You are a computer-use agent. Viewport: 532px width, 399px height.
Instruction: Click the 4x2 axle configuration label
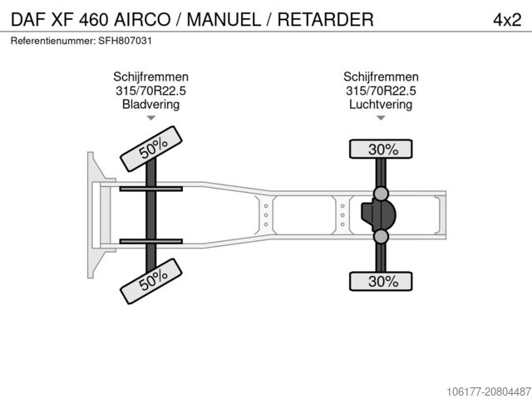[507, 20]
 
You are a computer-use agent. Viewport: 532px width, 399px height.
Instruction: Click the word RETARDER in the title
[326, 20]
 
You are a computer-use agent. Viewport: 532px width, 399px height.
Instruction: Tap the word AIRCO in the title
[142, 20]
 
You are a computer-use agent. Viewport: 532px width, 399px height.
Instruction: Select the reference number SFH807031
[125, 41]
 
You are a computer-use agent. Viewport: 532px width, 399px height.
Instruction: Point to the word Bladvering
[151, 104]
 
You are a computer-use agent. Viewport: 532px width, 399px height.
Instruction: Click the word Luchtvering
[381, 104]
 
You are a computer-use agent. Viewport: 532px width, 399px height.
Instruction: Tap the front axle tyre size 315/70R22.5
[151, 91]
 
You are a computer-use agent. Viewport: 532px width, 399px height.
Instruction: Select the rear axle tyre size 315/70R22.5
[381, 91]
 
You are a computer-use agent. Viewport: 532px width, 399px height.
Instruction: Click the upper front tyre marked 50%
[151, 149]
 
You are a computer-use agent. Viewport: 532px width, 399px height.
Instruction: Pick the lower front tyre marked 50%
[151, 281]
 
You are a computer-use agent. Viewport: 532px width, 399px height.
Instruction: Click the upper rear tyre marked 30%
[381, 149]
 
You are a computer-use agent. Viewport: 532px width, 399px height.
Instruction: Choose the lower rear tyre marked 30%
[381, 281]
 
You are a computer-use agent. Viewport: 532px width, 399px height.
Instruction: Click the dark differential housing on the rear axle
[379, 214]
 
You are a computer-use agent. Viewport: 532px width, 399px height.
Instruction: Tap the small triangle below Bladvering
[151, 118]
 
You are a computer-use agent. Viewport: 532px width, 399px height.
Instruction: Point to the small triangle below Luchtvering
[381, 118]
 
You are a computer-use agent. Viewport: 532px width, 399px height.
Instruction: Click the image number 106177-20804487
[489, 392]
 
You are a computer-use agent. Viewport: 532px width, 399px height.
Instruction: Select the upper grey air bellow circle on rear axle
[381, 194]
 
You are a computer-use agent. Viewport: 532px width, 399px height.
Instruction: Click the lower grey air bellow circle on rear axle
[381, 236]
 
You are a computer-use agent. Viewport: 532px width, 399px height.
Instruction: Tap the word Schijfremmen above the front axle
[151, 76]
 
